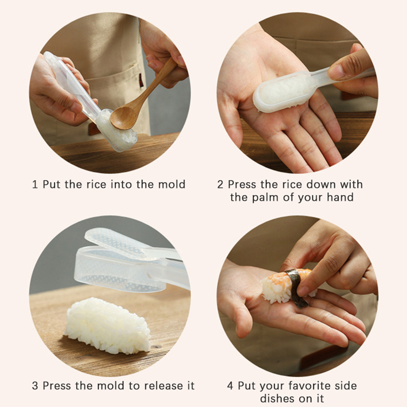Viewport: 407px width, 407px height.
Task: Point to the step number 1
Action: click(35, 184)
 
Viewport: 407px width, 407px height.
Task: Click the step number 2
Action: click(220, 184)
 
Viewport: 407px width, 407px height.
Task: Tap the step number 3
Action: click(35, 386)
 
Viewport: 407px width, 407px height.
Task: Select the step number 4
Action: click(230, 386)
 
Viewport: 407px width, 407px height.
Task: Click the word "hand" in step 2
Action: click(340, 197)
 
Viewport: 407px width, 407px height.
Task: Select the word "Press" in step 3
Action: click(56, 386)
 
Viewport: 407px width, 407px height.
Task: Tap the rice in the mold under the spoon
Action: click(119, 132)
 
